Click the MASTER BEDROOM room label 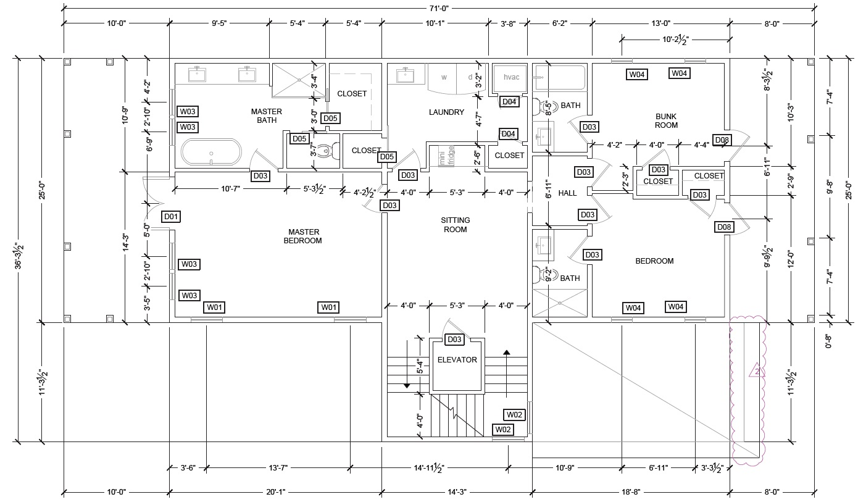[x=302, y=236]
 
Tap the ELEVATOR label [x=457, y=360]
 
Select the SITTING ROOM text [x=455, y=225]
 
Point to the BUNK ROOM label [x=666, y=120]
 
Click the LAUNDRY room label [x=446, y=112]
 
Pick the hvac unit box [x=512, y=78]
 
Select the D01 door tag [x=171, y=217]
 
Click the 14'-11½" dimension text [x=431, y=468]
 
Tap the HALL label [x=567, y=193]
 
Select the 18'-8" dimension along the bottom [x=630, y=492]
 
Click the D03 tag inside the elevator [x=454, y=340]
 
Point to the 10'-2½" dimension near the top [x=675, y=40]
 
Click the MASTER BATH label [x=267, y=116]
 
